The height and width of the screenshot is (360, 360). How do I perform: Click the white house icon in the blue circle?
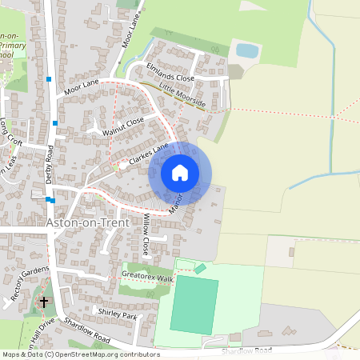pos(180,172)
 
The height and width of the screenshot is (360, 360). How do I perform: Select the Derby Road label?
pos(50,165)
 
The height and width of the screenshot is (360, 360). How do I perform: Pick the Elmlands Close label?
pos(170,73)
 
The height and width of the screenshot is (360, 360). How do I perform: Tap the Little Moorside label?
pos(182,94)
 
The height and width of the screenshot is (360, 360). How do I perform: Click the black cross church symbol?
pos(44,302)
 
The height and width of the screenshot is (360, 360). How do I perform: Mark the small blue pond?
pos(247,50)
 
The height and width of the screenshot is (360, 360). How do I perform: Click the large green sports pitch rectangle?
pos(194,305)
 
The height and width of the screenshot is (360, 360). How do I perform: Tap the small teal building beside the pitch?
pos(200,269)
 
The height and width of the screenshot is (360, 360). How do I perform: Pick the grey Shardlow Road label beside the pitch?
pos(248,350)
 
